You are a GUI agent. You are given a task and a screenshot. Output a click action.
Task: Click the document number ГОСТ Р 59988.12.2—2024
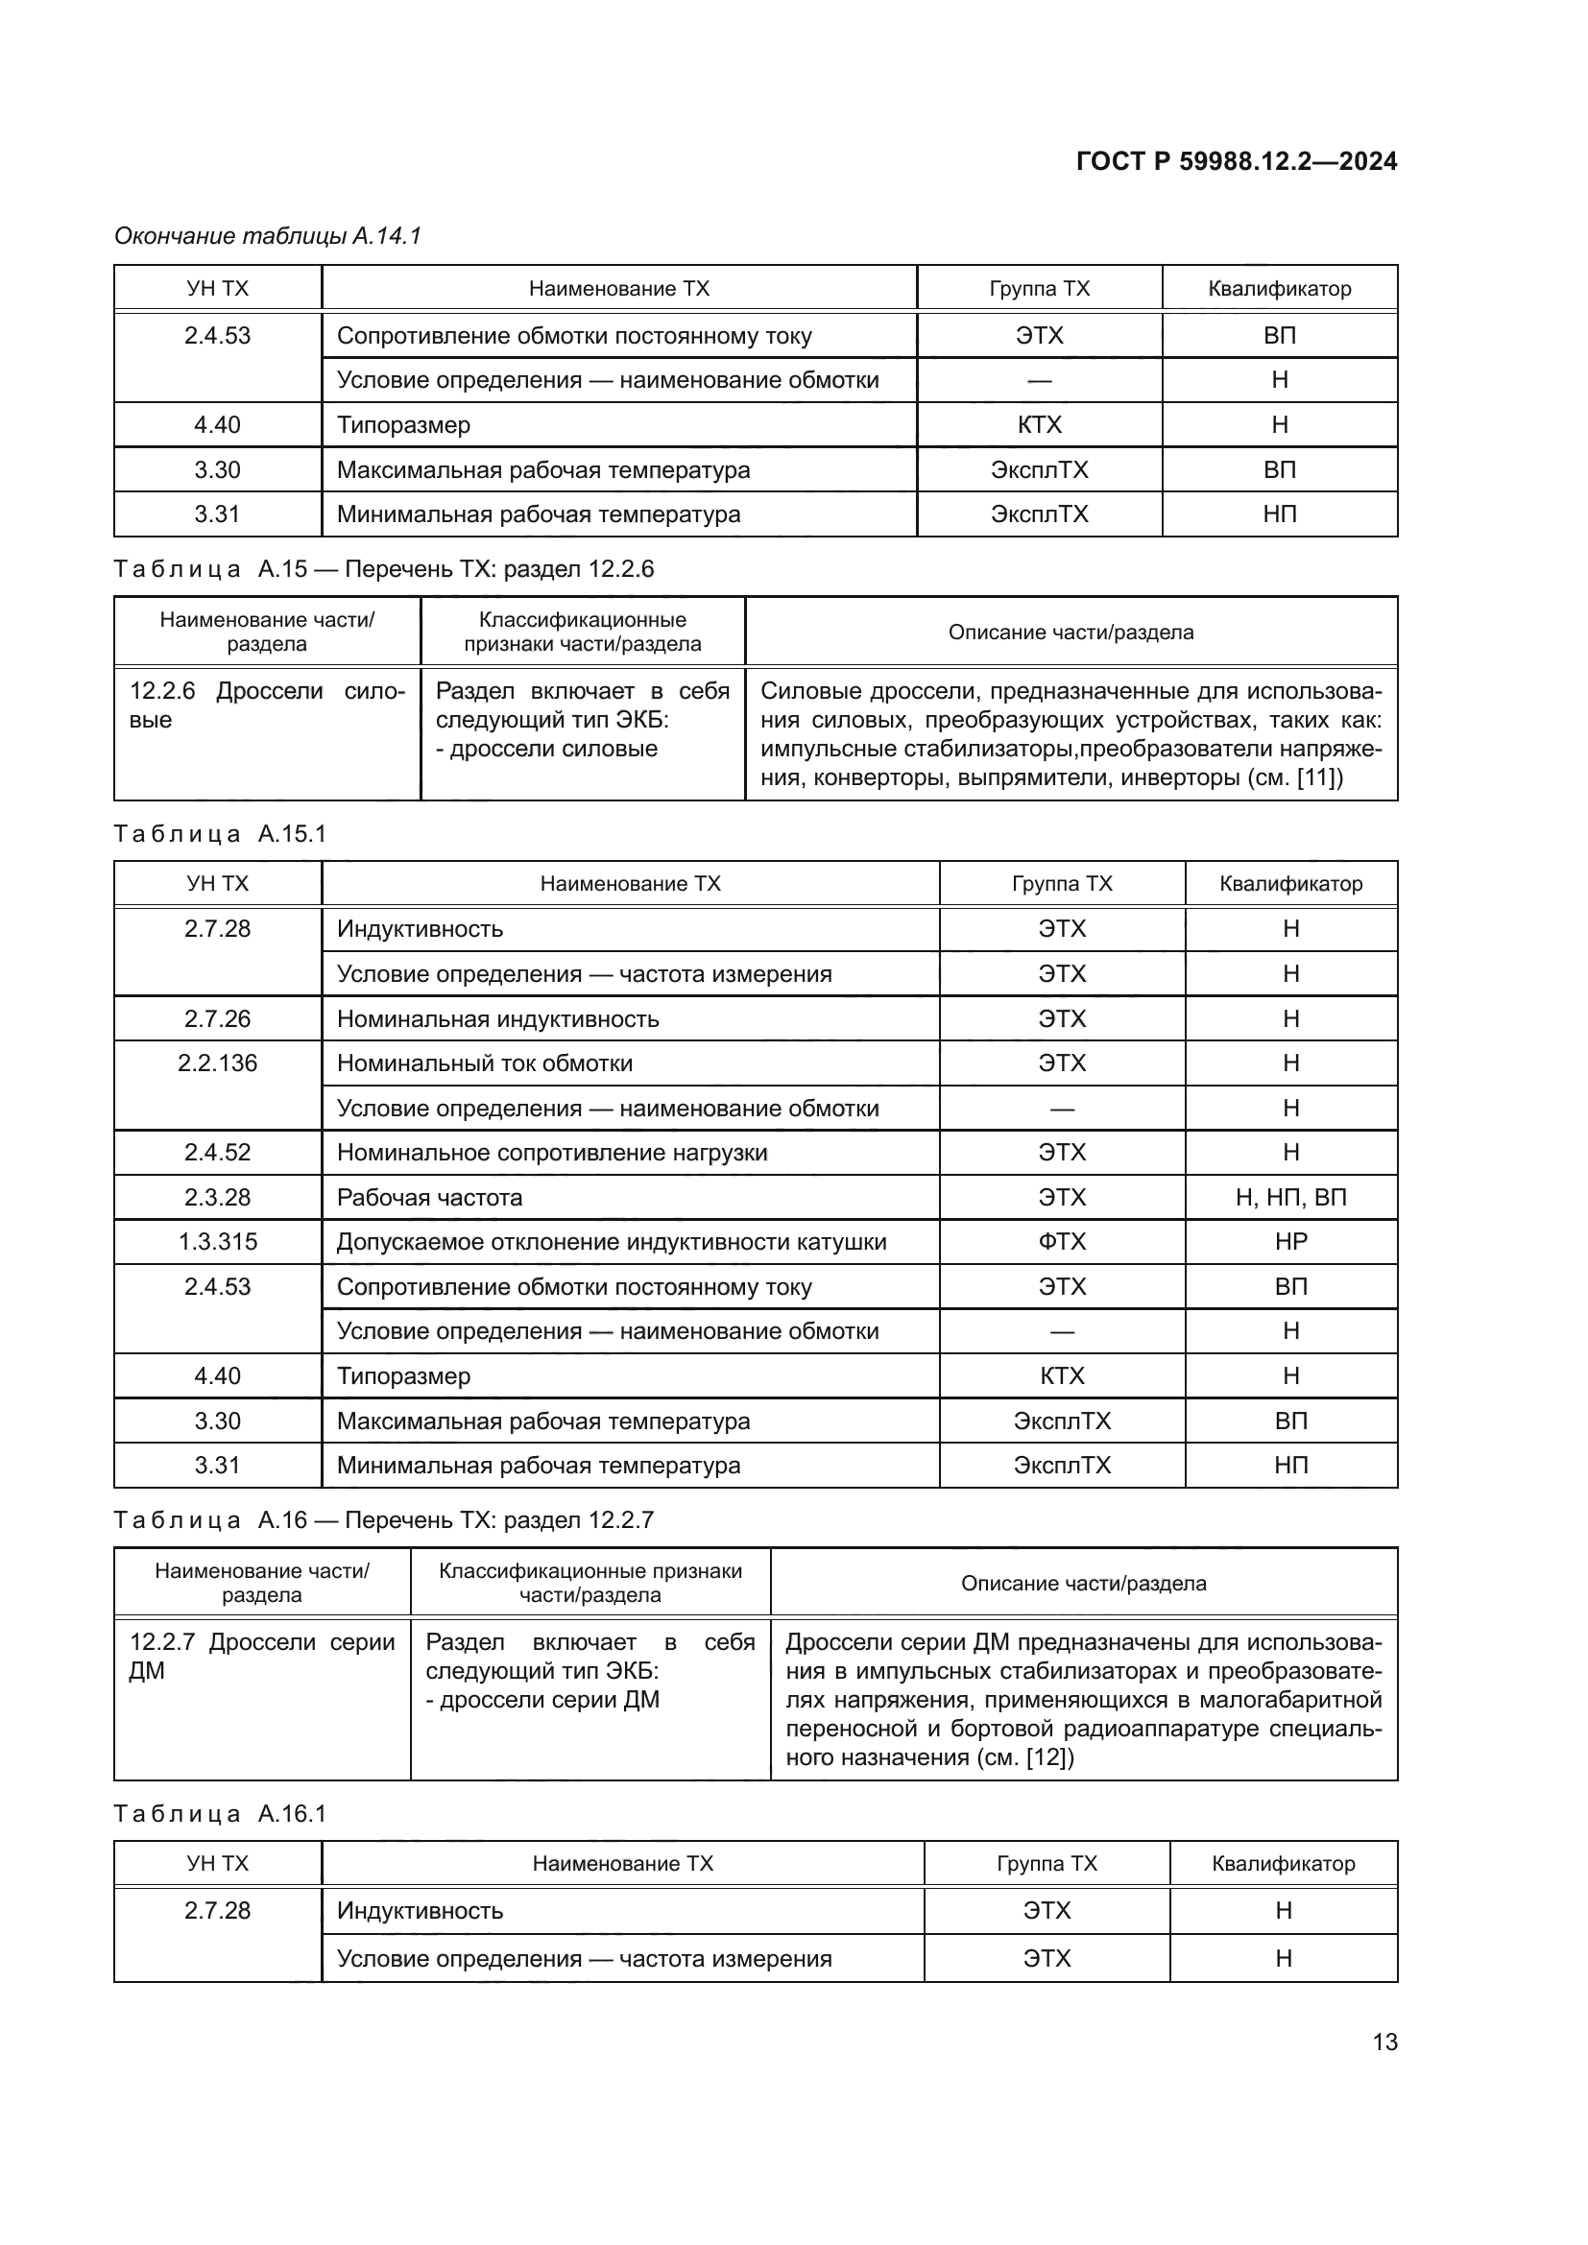click(1236, 161)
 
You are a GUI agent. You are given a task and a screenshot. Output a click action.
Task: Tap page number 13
click(1384, 2042)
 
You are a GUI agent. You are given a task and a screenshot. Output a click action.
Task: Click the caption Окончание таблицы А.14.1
click(267, 236)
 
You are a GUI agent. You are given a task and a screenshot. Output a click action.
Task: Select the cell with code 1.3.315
click(217, 1242)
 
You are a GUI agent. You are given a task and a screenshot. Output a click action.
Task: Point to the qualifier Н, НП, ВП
click(1289, 1198)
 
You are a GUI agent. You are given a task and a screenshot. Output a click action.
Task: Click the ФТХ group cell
click(1061, 1242)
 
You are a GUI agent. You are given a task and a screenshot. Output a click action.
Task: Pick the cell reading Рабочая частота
click(429, 1198)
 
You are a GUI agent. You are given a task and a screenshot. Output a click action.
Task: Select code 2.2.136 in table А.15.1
click(217, 1063)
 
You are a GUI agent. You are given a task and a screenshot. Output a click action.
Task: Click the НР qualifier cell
click(1289, 1242)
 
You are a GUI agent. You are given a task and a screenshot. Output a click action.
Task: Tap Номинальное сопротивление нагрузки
click(551, 1153)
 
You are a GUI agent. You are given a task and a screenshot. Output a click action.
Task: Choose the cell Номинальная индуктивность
click(497, 1019)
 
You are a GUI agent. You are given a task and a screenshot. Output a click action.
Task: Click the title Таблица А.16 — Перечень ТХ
click(383, 1519)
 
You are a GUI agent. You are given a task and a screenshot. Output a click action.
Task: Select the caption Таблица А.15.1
click(220, 834)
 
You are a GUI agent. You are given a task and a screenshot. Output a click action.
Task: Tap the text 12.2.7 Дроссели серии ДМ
click(261, 1656)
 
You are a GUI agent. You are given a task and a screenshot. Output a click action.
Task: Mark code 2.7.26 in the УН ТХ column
click(217, 1019)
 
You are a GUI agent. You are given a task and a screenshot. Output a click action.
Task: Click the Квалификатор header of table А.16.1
click(1282, 1864)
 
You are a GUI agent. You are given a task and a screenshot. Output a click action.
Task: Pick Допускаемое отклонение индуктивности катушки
click(612, 1242)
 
